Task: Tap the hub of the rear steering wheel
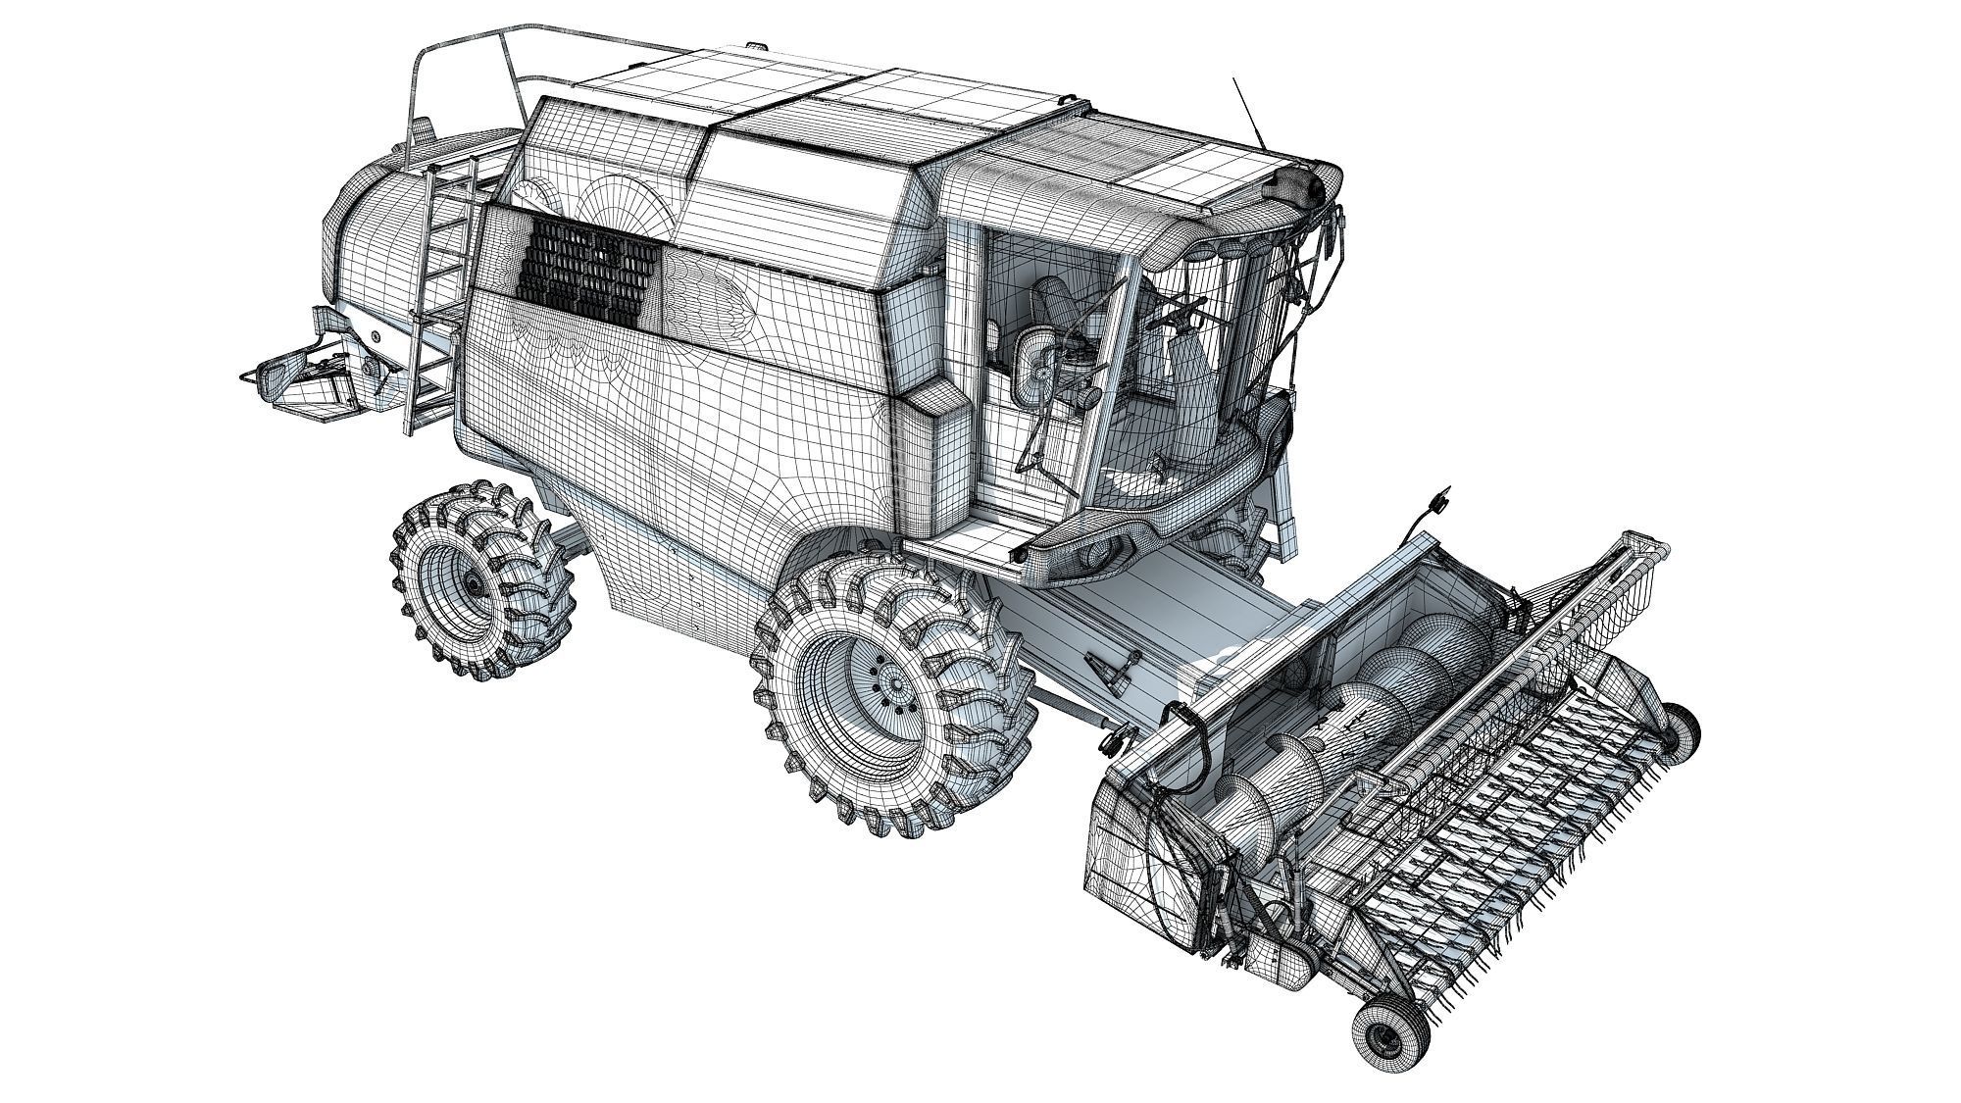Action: pos(475,584)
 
